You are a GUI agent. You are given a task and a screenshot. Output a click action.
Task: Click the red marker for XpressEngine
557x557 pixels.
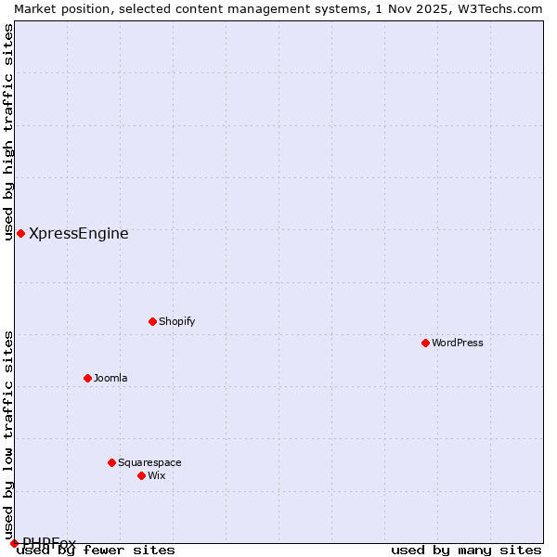(20, 233)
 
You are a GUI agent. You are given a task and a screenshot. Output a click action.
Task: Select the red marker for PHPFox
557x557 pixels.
(14, 543)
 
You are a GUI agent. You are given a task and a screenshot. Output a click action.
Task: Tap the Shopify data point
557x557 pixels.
(152, 321)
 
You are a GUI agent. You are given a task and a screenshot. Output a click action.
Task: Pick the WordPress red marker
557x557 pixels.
(425, 343)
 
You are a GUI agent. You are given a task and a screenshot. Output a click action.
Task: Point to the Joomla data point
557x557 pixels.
(87, 378)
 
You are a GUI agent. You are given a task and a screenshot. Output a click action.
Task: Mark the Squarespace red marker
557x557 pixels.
(111, 462)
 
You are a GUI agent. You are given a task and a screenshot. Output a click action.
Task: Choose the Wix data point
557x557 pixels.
(141, 475)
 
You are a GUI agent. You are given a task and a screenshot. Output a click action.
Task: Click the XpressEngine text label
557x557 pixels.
(79, 234)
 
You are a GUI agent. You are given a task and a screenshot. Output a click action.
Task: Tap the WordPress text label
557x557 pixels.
(458, 343)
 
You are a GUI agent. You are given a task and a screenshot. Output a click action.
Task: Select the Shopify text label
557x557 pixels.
(177, 322)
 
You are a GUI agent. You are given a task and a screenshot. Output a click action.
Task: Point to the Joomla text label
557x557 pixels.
(110, 379)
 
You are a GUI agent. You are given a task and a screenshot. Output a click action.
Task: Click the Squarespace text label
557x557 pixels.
(149, 463)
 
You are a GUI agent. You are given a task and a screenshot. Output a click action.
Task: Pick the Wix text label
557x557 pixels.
(157, 476)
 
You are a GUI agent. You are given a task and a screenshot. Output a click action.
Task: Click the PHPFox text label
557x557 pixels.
(49, 543)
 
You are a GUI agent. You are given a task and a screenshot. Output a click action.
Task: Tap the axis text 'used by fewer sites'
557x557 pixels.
(97, 551)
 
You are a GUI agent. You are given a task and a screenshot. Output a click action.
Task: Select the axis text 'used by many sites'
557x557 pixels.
(466, 551)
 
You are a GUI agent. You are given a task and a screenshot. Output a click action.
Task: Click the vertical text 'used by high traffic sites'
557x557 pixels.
(9, 132)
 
